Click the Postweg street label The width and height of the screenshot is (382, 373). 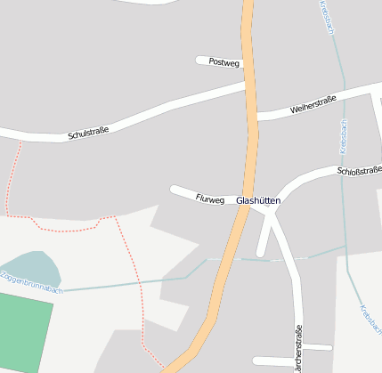(x=224, y=62)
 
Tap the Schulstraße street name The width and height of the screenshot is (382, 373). (x=88, y=134)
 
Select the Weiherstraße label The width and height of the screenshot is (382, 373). (x=313, y=108)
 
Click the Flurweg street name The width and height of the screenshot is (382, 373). (x=210, y=198)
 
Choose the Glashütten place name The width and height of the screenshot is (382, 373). (x=258, y=201)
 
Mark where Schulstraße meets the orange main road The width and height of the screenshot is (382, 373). (x=247, y=86)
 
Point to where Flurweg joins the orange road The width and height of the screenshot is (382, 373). (x=243, y=201)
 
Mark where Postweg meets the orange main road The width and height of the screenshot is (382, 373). (x=244, y=62)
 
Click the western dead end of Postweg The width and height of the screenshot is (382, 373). (x=199, y=60)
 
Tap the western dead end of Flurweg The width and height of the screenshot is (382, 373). (x=174, y=189)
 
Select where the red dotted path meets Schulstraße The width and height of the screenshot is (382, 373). (x=19, y=140)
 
